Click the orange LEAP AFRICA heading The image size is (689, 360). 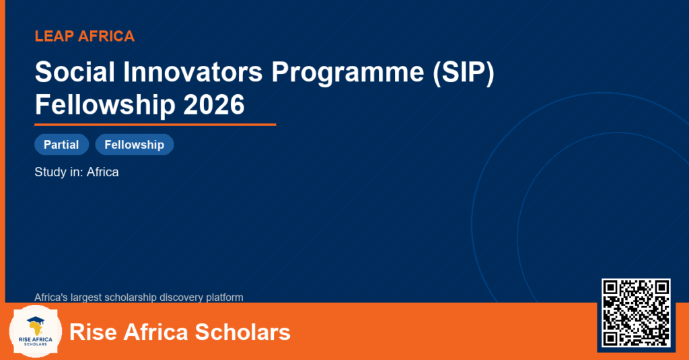click(x=84, y=36)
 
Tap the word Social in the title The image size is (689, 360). click(x=75, y=71)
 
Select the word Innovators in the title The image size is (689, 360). click(x=193, y=71)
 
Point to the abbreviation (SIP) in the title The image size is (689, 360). click(x=464, y=73)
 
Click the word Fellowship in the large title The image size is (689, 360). click(x=104, y=104)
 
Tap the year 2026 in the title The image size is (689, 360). click(x=213, y=104)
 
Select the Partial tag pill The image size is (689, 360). click(x=61, y=145)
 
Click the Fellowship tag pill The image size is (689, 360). click(x=135, y=145)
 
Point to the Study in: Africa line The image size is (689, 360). click(x=77, y=172)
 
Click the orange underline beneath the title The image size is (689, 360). click(x=155, y=125)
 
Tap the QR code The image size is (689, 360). click(x=636, y=313)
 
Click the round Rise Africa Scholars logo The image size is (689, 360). click(x=36, y=332)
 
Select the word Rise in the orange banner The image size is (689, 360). click(x=92, y=332)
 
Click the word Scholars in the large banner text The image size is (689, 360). click(x=242, y=332)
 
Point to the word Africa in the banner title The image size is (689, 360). click(x=155, y=332)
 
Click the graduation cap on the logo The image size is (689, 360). click(x=36, y=320)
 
